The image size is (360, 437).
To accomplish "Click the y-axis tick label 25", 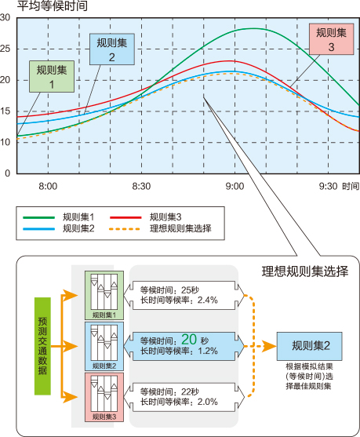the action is point(5,49).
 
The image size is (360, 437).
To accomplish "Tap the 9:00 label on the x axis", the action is point(235,186).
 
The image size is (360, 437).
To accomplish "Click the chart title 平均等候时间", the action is point(53,6).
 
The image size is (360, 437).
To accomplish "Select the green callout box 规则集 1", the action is point(52,76).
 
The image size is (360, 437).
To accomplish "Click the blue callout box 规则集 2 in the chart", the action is point(112,49).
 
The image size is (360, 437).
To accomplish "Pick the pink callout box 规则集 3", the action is point(331,39).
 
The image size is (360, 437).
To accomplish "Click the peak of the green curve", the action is point(253,28).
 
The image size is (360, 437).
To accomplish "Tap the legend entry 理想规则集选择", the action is point(180,228).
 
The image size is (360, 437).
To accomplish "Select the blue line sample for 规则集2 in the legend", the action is point(38,229).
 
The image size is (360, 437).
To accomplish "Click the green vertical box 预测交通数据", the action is point(42,346).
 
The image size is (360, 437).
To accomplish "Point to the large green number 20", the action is point(189,340).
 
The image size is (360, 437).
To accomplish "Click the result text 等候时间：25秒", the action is point(169,290).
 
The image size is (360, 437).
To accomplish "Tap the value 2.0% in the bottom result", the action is point(208,402).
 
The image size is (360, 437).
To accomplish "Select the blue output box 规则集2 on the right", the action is point(309,346).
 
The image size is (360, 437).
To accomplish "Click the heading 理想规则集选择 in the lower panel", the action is point(305,271).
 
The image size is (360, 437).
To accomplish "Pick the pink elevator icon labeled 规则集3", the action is point(104,398).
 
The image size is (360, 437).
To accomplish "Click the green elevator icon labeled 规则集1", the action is point(104,296).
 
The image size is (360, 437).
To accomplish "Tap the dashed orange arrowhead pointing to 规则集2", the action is point(270,347).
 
